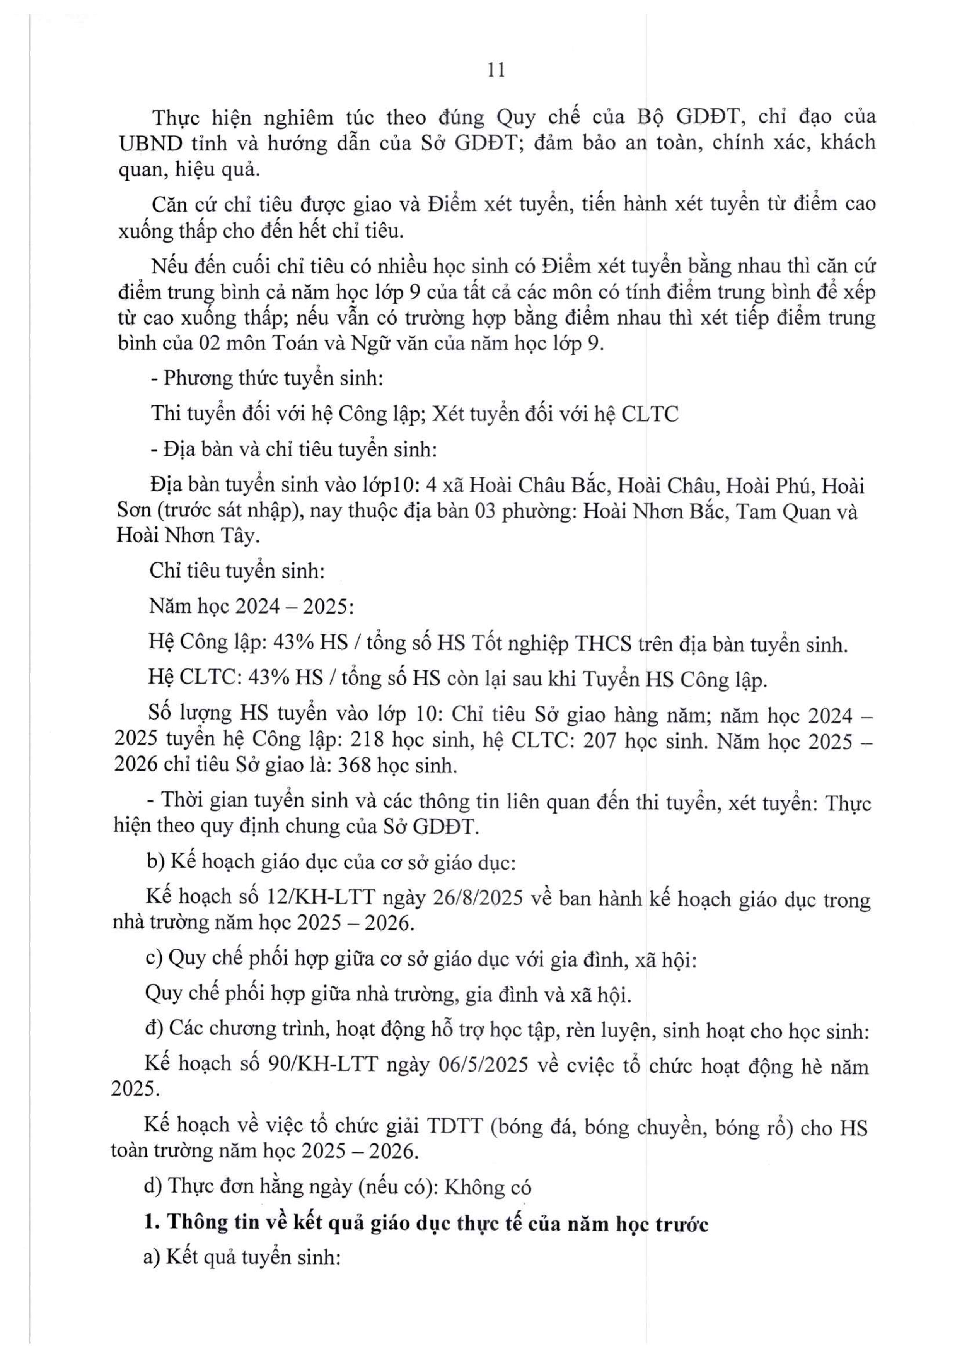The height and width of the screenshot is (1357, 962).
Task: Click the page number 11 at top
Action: [x=496, y=70]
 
